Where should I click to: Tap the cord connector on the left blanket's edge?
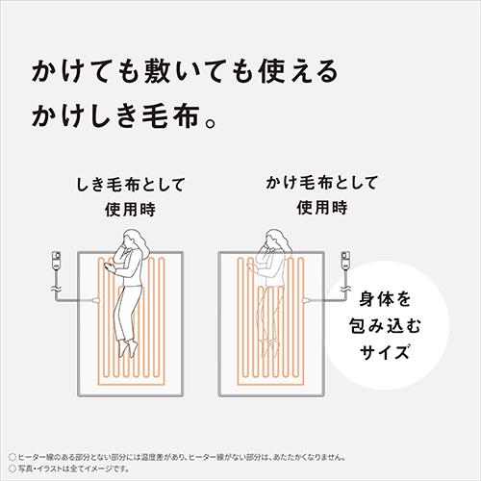pyautogui.click(x=97, y=302)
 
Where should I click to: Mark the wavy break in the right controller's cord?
pyautogui.click(x=347, y=288)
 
